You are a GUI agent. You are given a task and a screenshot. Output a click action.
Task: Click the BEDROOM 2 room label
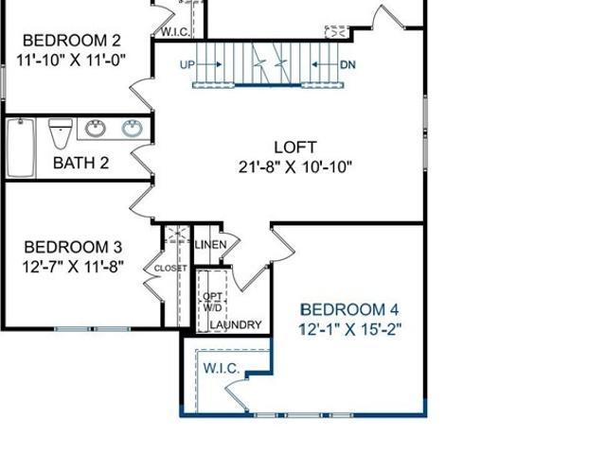(x=72, y=41)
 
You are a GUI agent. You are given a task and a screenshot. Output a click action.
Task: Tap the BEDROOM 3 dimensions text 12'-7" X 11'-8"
(x=73, y=267)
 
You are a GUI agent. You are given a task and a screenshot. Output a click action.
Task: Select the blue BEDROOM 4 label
(x=349, y=310)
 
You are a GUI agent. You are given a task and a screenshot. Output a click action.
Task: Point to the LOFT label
(x=295, y=148)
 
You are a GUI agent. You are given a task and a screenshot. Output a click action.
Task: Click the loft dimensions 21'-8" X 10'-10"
(x=295, y=167)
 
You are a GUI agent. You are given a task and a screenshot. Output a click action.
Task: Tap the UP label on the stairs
(x=187, y=64)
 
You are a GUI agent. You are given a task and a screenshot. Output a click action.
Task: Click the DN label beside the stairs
(x=348, y=64)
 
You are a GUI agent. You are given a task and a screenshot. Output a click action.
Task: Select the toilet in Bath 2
(x=61, y=133)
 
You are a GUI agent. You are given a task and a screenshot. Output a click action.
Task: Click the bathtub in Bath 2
(x=21, y=148)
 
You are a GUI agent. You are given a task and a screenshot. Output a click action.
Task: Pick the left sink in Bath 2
(x=95, y=128)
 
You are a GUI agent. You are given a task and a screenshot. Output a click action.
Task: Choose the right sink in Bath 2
(x=133, y=128)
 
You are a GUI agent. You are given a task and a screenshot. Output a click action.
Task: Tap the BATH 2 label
(x=80, y=163)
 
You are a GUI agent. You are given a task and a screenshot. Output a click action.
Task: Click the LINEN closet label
(x=210, y=245)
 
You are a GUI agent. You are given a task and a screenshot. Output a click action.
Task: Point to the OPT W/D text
(x=212, y=302)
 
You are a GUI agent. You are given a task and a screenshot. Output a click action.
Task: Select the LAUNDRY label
(x=236, y=325)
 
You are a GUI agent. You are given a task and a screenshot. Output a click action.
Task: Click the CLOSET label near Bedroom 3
(x=170, y=269)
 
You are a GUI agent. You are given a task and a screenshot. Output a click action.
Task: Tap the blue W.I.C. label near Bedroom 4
(x=222, y=368)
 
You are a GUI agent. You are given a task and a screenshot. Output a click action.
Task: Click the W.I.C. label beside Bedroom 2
(x=175, y=32)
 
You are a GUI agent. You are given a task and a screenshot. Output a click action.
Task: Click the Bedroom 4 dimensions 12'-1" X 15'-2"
(x=350, y=330)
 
